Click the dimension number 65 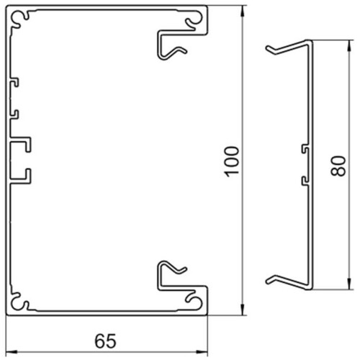pos(105,341)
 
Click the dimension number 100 pos(232,161)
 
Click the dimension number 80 pos(338,166)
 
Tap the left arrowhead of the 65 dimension pos(12,352)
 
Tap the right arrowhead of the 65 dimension pos(202,352)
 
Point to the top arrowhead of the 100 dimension pos(243,11)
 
